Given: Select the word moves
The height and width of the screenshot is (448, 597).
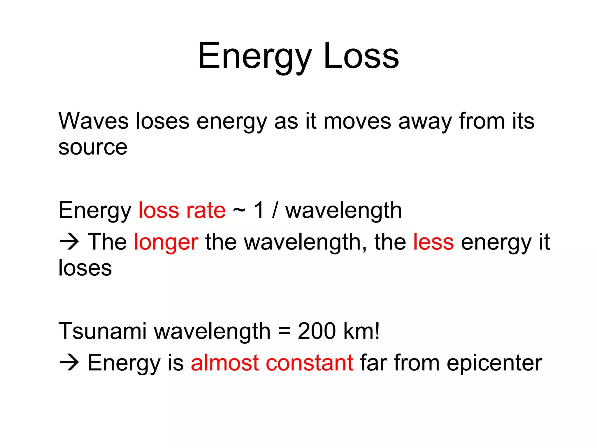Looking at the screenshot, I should (357, 121).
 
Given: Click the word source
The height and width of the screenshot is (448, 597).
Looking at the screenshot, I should (93, 147).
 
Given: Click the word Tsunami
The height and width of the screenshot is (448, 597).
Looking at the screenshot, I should (102, 331).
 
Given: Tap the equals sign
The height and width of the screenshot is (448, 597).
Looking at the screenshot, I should (284, 332).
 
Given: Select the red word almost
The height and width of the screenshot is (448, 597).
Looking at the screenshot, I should (225, 363).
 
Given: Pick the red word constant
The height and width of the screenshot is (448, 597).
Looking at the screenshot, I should (310, 363).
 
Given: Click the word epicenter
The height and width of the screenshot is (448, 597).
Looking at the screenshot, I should (494, 363).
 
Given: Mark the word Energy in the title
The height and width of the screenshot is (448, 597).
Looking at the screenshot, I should (255, 56).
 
